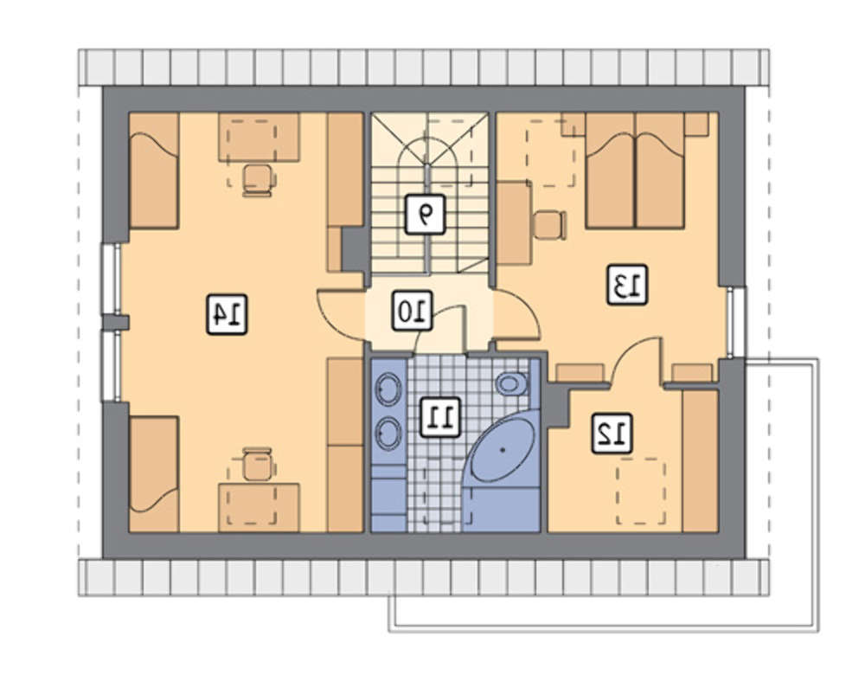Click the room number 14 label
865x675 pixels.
(x=227, y=315)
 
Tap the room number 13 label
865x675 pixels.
(x=627, y=285)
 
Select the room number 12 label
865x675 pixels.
(x=612, y=434)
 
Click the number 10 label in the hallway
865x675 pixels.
(x=412, y=312)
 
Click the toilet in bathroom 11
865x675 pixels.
(x=512, y=383)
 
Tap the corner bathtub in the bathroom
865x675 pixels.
(x=502, y=450)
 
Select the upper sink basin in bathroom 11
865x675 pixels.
(x=388, y=387)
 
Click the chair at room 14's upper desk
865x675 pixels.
(x=259, y=180)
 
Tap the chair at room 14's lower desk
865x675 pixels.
(x=258, y=465)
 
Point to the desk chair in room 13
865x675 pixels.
(x=550, y=225)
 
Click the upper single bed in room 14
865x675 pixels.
(x=154, y=170)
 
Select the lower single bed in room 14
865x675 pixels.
(x=154, y=474)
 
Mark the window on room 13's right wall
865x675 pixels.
(x=733, y=321)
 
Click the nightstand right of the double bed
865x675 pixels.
(x=696, y=124)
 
